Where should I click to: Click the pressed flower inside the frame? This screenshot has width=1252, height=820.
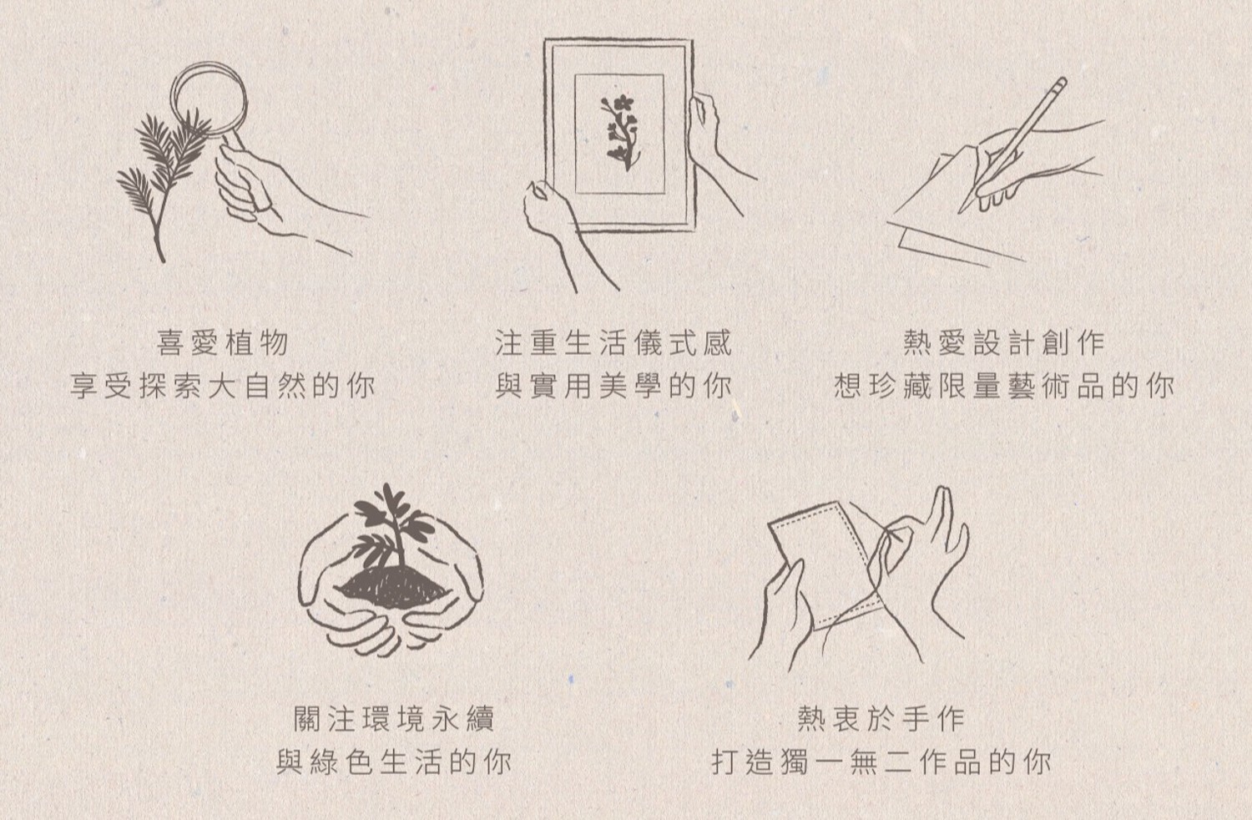tap(618, 133)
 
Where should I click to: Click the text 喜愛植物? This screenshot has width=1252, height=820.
tap(223, 342)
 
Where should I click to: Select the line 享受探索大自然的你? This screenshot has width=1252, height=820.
tap(223, 387)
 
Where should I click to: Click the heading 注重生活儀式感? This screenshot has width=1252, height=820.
tap(613, 342)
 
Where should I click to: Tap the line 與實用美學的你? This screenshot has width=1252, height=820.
tap(613, 387)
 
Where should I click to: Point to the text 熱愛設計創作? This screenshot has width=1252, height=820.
tap(1004, 342)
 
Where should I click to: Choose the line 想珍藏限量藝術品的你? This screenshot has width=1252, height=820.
tap(1004, 387)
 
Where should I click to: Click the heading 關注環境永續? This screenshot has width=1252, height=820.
tap(395, 718)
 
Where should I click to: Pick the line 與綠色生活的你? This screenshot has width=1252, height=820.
tap(395, 762)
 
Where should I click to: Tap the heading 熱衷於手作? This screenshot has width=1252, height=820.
tap(881, 718)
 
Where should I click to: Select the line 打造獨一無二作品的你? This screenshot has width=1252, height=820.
tap(881, 762)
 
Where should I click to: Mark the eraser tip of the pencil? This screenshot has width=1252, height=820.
tap(1061, 83)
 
